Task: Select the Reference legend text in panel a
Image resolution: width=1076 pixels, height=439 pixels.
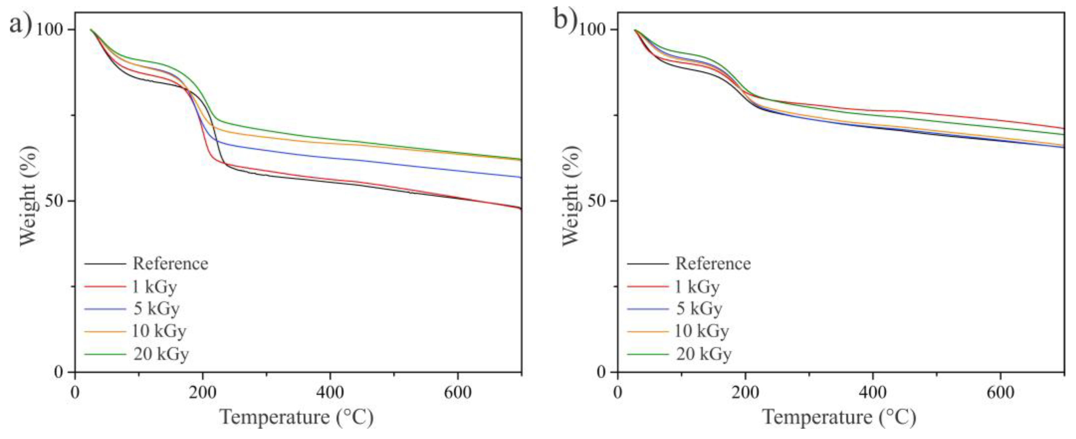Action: click(x=170, y=264)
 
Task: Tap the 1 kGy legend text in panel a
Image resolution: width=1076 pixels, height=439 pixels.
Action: click(x=155, y=287)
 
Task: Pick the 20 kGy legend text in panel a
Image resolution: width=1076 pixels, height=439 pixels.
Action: click(x=161, y=354)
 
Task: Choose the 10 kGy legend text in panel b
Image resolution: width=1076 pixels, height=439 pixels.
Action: click(x=702, y=331)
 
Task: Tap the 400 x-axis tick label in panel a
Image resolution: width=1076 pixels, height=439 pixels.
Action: click(x=330, y=393)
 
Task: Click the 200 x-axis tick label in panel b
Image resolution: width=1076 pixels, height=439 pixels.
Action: click(x=745, y=393)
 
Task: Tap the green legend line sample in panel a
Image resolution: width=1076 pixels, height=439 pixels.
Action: click(x=105, y=354)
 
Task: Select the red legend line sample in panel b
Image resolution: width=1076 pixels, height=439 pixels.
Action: click(x=648, y=286)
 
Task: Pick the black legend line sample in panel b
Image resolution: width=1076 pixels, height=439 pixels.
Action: click(x=648, y=264)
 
